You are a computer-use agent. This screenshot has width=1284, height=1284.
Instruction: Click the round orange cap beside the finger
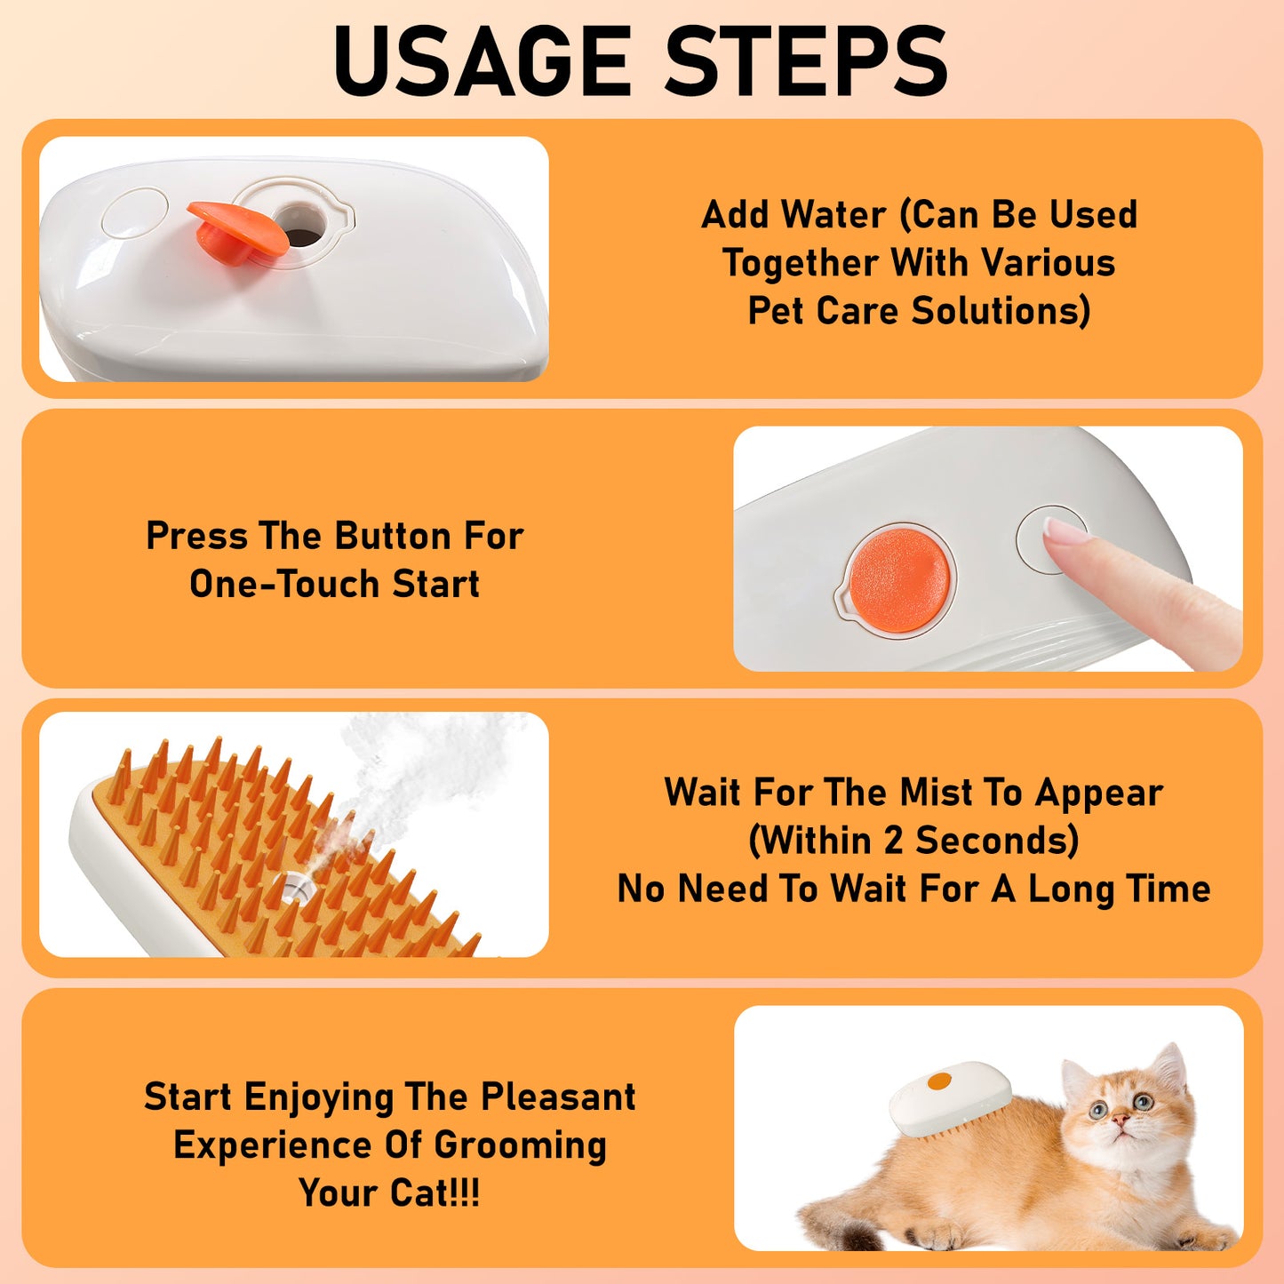(x=898, y=580)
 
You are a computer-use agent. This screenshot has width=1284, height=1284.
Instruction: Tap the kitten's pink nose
(x=1122, y=1122)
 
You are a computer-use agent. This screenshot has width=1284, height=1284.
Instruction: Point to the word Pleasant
(x=558, y=1097)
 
